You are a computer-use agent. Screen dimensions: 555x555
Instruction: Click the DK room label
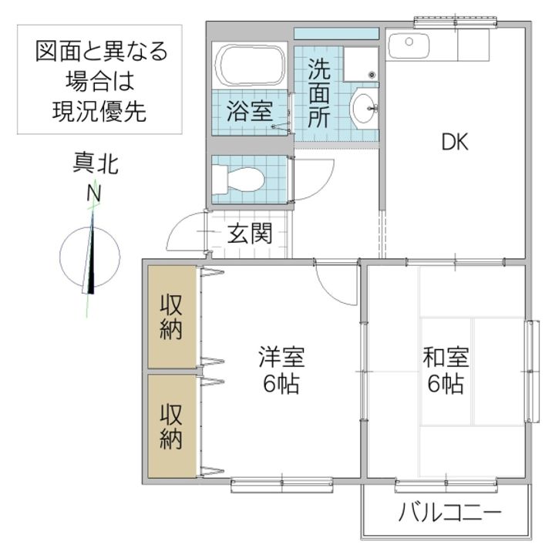point(455,142)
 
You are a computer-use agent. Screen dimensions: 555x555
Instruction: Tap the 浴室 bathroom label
point(248,111)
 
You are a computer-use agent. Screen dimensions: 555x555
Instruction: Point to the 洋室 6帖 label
point(281,370)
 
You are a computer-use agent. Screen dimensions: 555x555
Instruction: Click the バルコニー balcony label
point(450,512)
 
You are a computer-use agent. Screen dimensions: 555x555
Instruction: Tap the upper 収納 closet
point(170,317)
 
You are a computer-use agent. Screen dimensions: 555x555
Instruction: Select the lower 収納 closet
point(170,426)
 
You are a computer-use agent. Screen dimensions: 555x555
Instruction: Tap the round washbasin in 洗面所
point(362,109)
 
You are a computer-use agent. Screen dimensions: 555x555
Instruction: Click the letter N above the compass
point(94,193)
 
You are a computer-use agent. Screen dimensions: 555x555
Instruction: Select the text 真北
point(96,164)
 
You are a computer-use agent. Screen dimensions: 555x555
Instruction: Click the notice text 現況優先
point(99,112)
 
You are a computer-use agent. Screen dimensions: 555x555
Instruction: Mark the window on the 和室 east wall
point(531,371)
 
